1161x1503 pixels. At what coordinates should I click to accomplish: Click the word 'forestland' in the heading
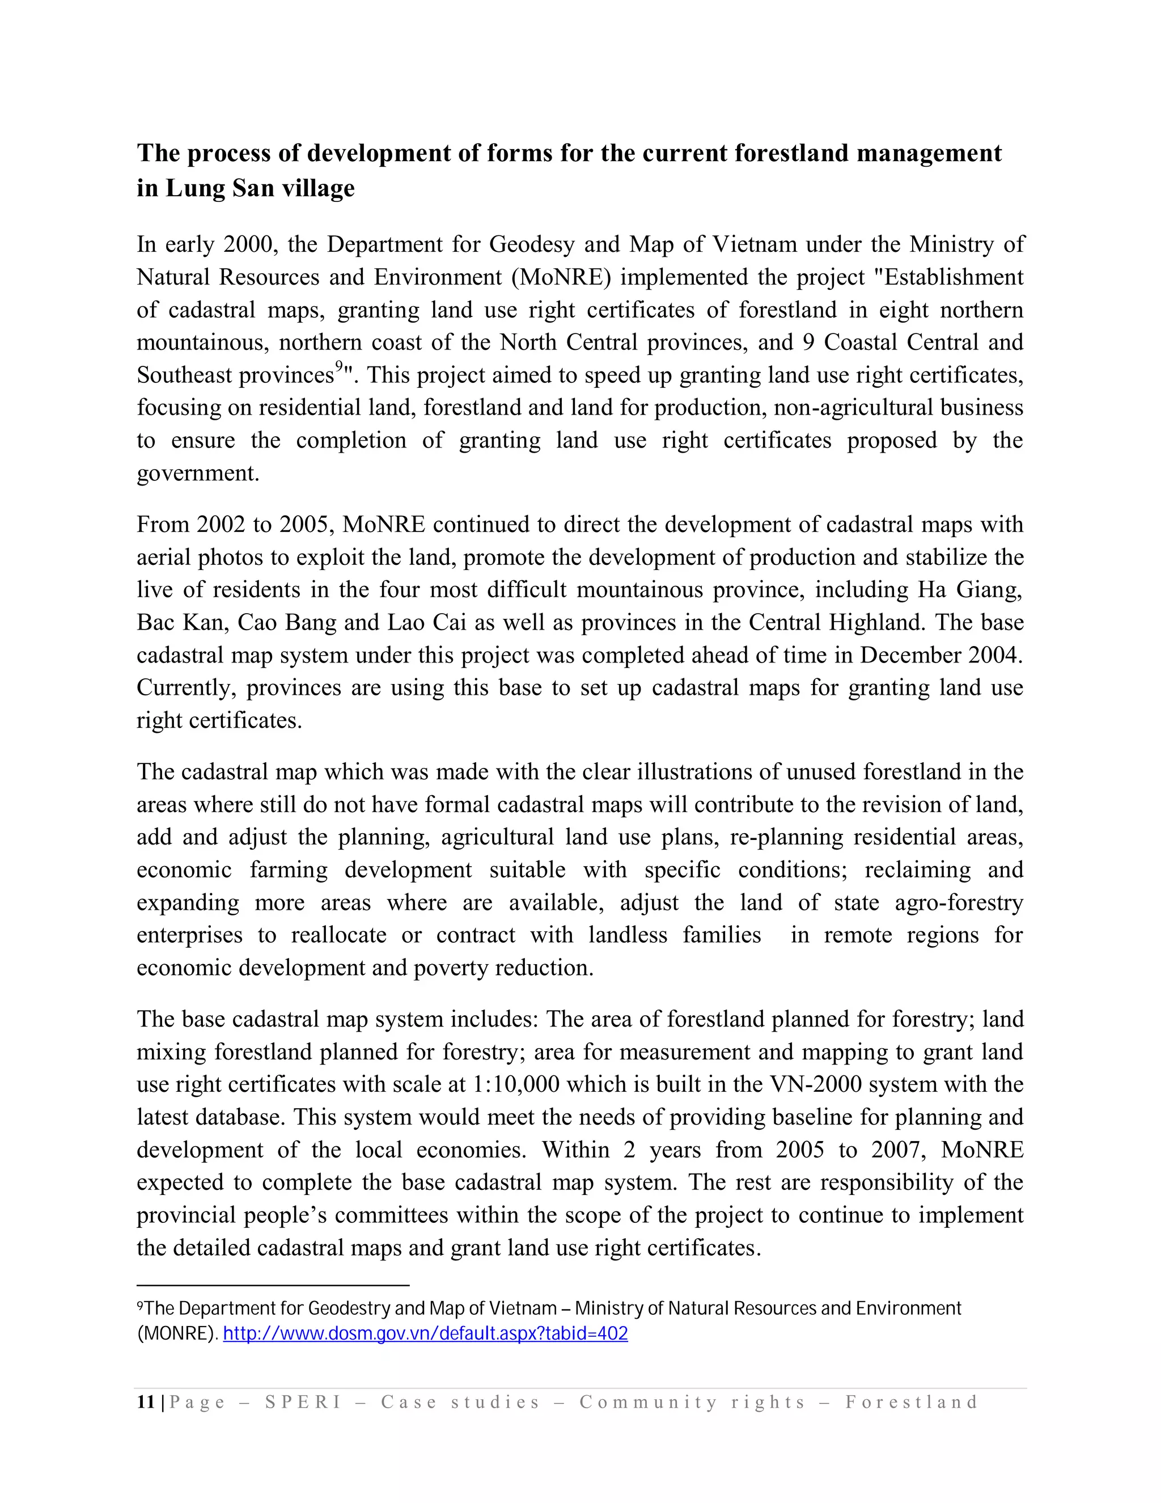pyautogui.click(x=791, y=153)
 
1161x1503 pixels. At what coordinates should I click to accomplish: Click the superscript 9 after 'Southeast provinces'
pyautogui.click(x=339, y=366)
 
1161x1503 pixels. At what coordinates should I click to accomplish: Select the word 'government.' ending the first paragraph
pyautogui.click(x=198, y=474)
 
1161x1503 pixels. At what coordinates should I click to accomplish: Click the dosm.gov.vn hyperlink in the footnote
pyautogui.click(x=425, y=1334)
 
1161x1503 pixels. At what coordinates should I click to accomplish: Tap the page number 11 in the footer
pyautogui.click(x=146, y=1403)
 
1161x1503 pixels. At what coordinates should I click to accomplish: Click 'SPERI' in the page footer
pyautogui.click(x=303, y=1403)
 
